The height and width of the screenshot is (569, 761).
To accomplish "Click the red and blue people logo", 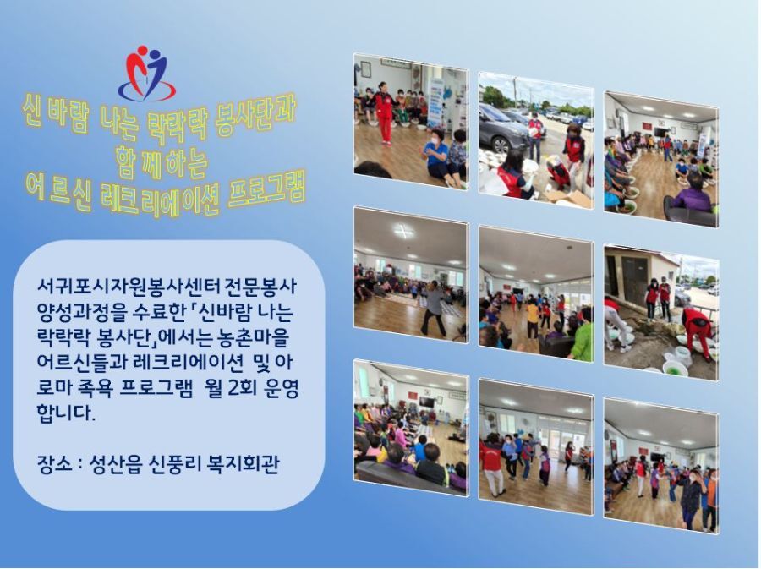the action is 146,72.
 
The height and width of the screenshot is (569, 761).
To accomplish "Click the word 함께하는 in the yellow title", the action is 162,161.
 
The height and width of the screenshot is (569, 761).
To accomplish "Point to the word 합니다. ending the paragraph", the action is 64,413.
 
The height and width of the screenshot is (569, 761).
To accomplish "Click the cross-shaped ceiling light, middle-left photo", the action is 404,232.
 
